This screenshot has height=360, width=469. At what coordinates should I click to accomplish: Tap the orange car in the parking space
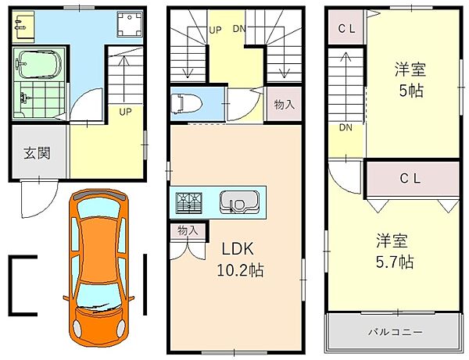[98, 266]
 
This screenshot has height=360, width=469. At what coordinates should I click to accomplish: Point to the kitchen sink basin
[235, 202]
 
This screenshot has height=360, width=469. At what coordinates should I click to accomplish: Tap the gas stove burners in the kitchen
[189, 202]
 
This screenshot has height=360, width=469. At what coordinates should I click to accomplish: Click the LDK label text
[234, 252]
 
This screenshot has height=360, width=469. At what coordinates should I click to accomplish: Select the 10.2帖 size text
[238, 271]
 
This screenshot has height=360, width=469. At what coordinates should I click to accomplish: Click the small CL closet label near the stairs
[347, 29]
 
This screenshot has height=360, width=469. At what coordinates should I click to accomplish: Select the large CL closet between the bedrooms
[411, 178]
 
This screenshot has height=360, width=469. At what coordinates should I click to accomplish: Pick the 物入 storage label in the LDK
[188, 230]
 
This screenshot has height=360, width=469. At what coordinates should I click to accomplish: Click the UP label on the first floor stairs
[125, 111]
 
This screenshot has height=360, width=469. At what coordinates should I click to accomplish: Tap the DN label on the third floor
[345, 127]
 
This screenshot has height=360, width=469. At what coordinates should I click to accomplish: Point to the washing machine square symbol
[124, 26]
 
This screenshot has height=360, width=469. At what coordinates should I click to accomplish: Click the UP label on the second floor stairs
[215, 30]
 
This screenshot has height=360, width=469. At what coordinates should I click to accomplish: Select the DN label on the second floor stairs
[240, 30]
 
